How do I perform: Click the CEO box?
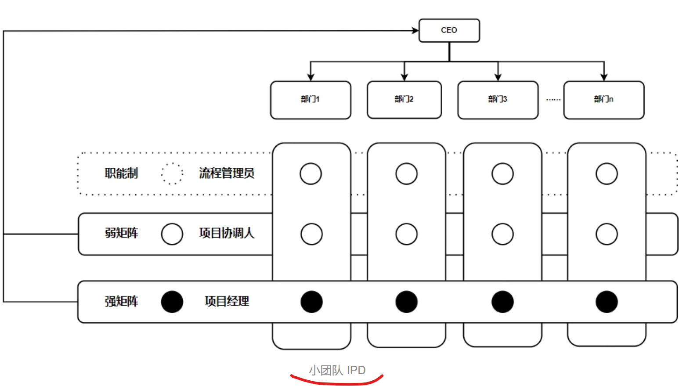pos(449,30)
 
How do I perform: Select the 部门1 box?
pos(311,100)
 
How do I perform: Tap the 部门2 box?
pos(404,100)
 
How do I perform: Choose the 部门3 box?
pos(498,100)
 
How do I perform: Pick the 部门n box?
pos(603,100)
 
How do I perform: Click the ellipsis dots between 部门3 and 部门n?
pos(553,100)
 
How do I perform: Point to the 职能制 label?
pos(121,173)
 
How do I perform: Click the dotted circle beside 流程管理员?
pos(172,173)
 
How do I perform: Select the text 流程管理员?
pos(227,173)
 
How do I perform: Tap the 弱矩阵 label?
pos(121,233)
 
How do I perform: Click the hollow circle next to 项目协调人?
pos(172,234)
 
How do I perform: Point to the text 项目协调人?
pos(227,233)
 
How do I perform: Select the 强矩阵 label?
pos(121,301)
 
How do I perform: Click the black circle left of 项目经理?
pos(172,302)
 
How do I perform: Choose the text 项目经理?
pos(227,301)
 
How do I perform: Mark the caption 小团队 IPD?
pos(337,370)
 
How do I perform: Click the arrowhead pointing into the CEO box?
pos(415,30)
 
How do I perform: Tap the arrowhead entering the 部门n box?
pos(604,77)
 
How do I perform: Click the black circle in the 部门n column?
pos(607,302)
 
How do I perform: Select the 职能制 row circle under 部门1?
pos(311,174)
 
